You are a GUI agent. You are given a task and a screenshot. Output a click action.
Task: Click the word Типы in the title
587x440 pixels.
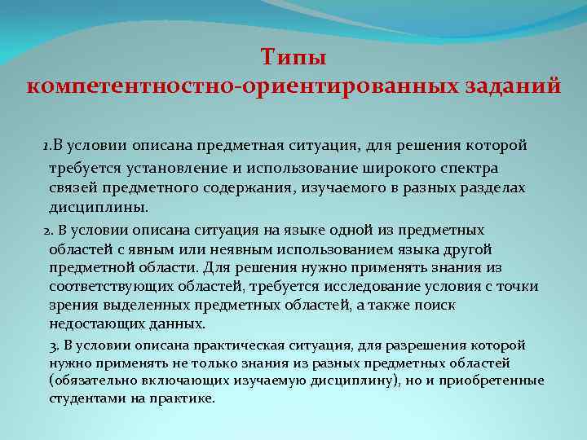[293, 58]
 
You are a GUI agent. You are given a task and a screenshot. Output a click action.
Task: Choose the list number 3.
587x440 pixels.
[54, 345]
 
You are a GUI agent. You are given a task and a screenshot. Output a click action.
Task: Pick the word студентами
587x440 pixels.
[82, 398]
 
